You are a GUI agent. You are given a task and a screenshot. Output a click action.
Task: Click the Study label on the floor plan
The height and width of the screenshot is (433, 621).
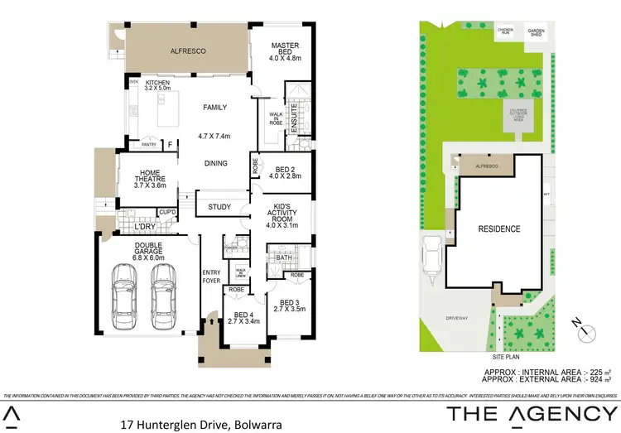(219, 207)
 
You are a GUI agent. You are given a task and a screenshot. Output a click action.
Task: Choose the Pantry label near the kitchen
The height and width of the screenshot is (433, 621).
(149, 145)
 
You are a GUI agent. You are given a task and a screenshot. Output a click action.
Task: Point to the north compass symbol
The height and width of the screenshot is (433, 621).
(586, 331)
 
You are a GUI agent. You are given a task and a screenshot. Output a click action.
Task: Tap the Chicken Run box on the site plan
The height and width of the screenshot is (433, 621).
(505, 32)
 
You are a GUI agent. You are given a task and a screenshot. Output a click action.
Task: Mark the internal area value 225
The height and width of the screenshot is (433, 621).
(596, 373)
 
